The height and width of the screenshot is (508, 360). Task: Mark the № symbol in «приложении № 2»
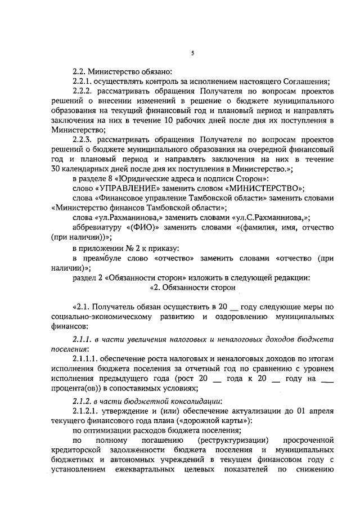(x=127, y=248)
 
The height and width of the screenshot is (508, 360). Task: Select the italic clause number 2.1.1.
(x=83, y=340)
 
